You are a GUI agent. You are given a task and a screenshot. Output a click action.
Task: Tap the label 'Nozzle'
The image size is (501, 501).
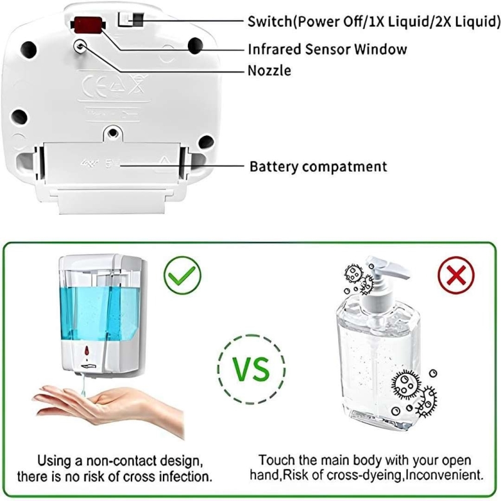[x=269, y=71]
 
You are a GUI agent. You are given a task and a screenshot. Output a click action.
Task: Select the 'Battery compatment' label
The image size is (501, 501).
[x=318, y=167]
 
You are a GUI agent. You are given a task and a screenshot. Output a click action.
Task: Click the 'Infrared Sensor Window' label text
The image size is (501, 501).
[x=328, y=49]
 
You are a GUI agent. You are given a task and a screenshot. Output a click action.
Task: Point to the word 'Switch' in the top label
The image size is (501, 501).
[x=270, y=21]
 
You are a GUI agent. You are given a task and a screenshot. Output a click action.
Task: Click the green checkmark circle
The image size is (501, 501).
[x=182, y=275]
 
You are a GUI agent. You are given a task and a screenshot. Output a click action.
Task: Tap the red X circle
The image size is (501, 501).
[x=456, y=275]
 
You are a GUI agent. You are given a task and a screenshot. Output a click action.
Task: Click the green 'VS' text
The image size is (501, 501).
[x=251, y=369]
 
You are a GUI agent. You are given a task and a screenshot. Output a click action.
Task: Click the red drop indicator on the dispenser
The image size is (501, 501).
[x=86, y=351]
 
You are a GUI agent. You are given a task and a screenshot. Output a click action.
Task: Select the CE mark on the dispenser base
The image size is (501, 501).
[x=91, y=86]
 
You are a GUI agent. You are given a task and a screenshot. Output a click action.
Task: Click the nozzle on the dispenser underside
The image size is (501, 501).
[x=80, y=46]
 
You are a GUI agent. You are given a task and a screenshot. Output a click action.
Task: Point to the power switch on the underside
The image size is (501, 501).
[x=131, y=19]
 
